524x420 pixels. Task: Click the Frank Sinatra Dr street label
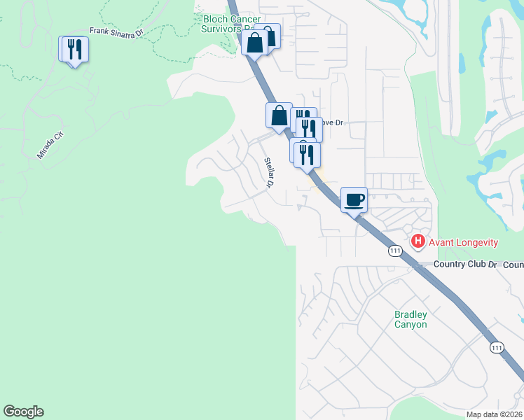click(116, 31)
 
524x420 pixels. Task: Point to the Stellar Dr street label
click(270, 172)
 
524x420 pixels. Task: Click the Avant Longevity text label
click(463, 242)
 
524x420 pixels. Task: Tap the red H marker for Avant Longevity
click(418, 241)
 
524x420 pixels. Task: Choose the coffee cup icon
click(354, 199)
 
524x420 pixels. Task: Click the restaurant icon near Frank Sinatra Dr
click(74, 49)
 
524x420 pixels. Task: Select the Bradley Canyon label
click(411, 320)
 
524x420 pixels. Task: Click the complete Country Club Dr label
click(464, 265)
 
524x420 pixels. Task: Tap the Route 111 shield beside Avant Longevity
click(396, 251)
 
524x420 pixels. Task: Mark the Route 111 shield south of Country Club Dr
click(497, 347)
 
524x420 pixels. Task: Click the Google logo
click(23, 412)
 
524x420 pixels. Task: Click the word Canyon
click(411, 325)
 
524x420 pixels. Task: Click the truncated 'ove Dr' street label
click(333, 122)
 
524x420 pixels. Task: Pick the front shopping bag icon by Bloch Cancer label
click(255, 42)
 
